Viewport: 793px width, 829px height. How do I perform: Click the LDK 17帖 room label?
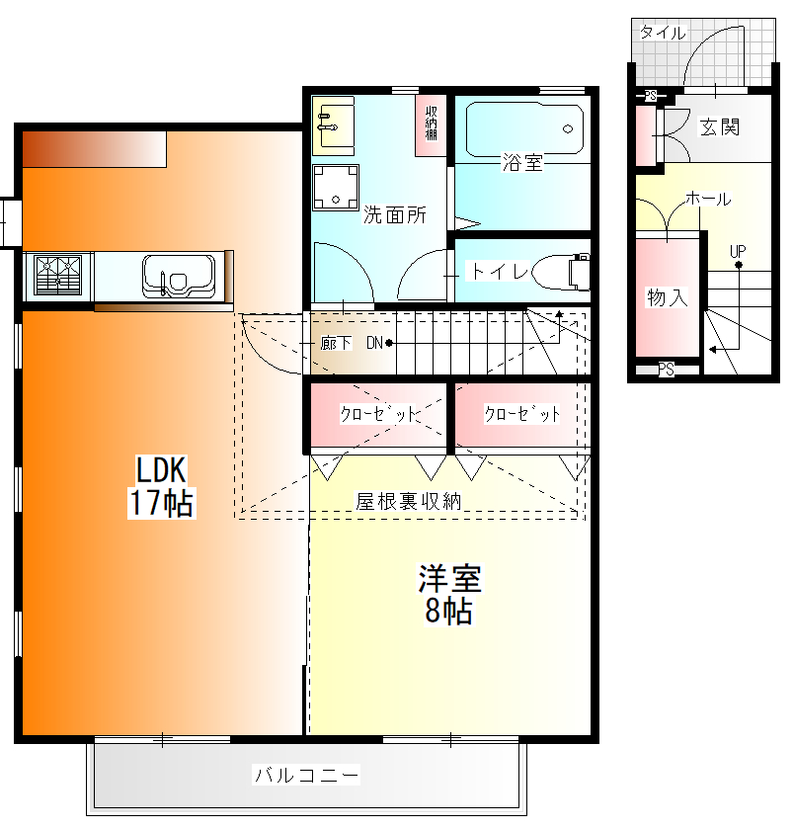click(161, 486)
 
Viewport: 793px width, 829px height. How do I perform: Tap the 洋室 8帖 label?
click(449, 595)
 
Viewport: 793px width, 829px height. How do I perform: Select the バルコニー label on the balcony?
click(306, 775)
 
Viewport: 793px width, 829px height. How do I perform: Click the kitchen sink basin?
click(179, 277)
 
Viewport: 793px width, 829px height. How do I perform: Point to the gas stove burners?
click(58, 275)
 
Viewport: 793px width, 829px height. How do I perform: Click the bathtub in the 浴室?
click(524, 129)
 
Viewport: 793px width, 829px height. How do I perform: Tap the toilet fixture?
click(561, 272)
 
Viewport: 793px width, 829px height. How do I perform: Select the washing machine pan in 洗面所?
click(336, 187)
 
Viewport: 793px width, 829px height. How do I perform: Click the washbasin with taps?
click(333, 125)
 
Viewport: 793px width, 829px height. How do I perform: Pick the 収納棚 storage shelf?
click(432, 124)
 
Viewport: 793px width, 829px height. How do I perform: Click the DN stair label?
click(374, 343)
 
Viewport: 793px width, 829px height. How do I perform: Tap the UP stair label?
click(738, 251)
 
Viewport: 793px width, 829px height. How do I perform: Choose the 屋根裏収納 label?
click(409, 501)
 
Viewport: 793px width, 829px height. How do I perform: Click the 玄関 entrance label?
click(719, 126)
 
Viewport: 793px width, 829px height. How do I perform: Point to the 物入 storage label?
click(668, 297)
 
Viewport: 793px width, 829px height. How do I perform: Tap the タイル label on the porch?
click(663, 33)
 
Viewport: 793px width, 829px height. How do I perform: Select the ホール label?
click(708, 199)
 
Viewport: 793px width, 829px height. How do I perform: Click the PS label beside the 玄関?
click(651, 96)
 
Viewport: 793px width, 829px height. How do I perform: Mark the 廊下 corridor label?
click(336, 343)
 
